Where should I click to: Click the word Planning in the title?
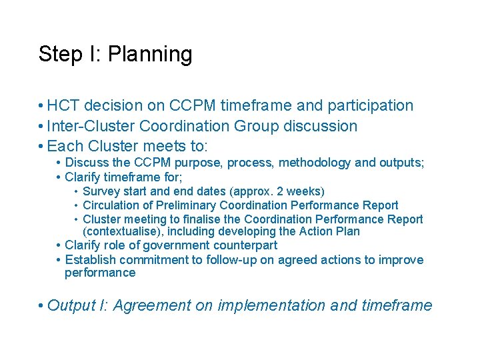[150, 55]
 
